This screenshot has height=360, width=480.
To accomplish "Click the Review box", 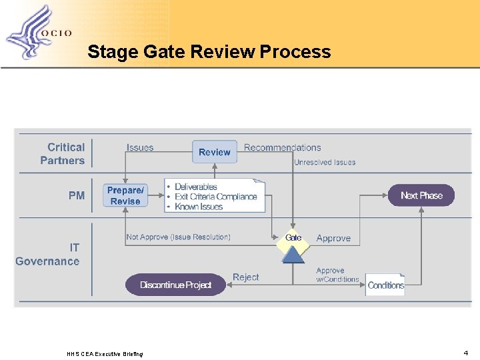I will pos(215,152).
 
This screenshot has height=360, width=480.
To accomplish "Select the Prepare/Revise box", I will pos(125,195).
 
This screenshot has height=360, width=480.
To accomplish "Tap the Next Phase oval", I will pos(421,195).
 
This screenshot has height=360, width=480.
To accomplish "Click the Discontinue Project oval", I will pos(175,285).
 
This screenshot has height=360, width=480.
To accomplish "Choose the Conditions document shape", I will pos(385,285).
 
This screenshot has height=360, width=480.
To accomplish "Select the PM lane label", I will pos(77,195).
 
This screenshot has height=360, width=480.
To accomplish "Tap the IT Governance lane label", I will pos(48,255).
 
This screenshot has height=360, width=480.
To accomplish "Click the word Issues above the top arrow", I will pos(140,147).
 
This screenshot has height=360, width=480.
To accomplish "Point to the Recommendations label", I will pos(282,147).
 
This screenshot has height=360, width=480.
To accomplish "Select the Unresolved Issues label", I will pos(325,162).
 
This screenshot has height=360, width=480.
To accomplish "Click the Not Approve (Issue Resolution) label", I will pos(178,237).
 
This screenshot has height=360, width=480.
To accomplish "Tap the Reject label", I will pos(245,277).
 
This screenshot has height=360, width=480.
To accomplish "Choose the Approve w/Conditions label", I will pos(337,275).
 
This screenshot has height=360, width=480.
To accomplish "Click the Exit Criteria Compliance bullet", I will pos(215,197).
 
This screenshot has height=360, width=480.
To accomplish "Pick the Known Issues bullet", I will pos(199,207).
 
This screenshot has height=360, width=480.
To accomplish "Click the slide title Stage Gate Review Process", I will pos(209,51).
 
